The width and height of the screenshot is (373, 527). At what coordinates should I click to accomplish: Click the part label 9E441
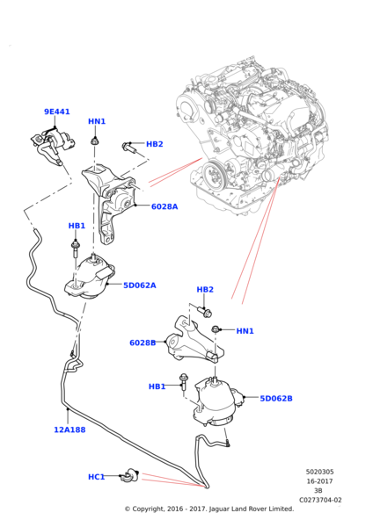(57, 112)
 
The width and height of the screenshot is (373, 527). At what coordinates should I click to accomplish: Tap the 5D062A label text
(139, 285)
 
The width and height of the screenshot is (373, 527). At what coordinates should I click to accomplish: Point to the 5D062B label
(275, 398)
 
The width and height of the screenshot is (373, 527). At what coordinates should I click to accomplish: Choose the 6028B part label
(142, 343)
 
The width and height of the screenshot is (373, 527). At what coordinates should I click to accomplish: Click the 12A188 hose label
(69, 430)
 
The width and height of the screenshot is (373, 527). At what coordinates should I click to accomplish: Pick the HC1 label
(96, 477)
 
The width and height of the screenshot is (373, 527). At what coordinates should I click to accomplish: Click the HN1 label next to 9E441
(97, 121)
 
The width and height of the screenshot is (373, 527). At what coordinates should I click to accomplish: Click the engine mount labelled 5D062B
(214, 400)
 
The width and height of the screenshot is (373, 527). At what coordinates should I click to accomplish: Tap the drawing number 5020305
(319, 472)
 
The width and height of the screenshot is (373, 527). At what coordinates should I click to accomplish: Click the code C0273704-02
(319, 500)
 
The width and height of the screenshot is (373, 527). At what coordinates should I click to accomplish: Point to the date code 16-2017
(319, 481)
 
